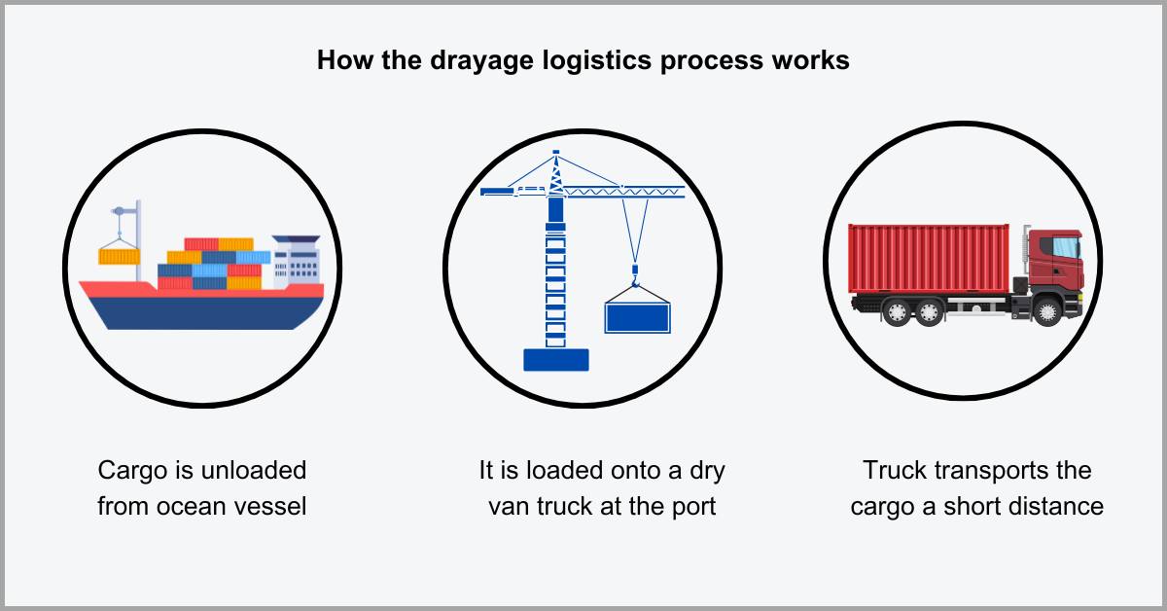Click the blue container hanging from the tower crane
[638, 317]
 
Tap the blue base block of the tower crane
[555, 359]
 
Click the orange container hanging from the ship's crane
[120, 256]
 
